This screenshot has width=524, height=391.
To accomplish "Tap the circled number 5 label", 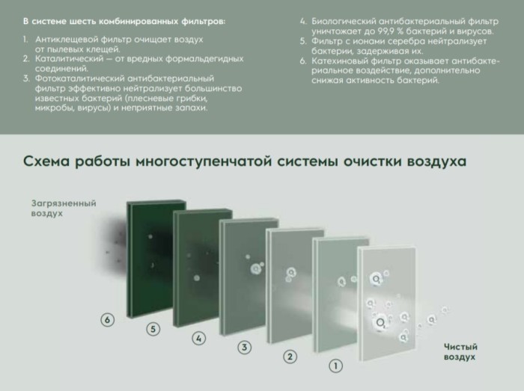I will [153, 329].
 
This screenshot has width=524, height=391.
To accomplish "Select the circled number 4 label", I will [198, 338].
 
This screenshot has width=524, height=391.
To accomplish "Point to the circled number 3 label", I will [243, 347].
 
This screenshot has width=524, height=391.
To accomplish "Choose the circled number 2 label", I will [290, 356].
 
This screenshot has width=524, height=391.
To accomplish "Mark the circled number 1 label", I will [336, 366].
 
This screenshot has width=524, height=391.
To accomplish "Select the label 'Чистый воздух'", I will [460, 351].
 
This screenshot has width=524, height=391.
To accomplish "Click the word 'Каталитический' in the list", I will [60, 58].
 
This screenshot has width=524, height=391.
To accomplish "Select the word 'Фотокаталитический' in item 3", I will [70, 78].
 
